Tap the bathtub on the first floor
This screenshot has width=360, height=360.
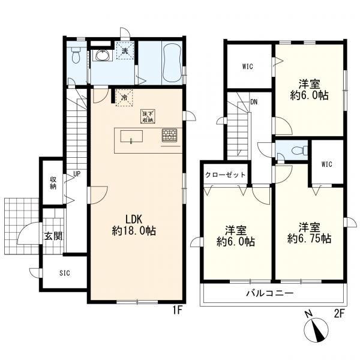pyautogui.click(x=172, y=62)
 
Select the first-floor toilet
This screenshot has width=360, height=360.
pyautogui.click(x=76, y=55)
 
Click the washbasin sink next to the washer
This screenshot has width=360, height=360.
pyautogui.click(x=103, y=56)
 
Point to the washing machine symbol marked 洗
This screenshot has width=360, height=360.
pyautogui.click(x=125, y=50)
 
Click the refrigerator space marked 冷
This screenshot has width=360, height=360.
pyautogui.click(x=124, y=98)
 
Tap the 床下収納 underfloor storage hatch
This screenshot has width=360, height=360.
pyautogui.click(x=148, y=116)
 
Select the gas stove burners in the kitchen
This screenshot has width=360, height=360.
pyautogui.click(x=169, y=135)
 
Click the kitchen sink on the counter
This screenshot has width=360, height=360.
pyautogui.click(x=131, y=137)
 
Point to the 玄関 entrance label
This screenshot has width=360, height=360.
pyautogui.click(x=53, y=236)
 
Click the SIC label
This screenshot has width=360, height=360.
pyautogui.click(x=65, y=273)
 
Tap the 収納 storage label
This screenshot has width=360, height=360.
pyautogui.click(x=53, y=183)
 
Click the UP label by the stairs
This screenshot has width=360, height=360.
pyautogui.click(x=77, y=174)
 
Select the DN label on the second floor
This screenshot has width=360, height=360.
pyautogui.click(x=254, y=102)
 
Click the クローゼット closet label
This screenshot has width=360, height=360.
pyautogui.click(x=225, y=175)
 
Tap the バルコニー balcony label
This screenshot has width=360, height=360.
pyautogui.click(x=270, y=293)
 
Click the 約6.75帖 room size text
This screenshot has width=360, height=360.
pyautogui.click(x=309, y=239)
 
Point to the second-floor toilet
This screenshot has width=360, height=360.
pyautogui.click(x=299, y=151)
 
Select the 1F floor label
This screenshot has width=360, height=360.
pyautogui.click(x=177, y=311)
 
